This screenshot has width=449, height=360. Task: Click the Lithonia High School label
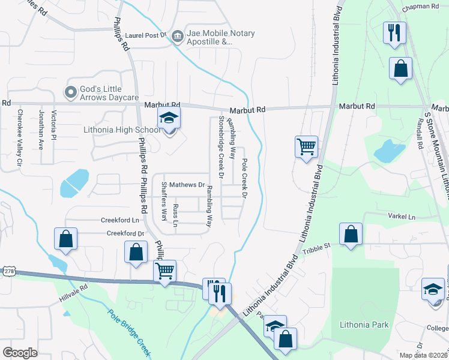pyautogui.click(x=122, y=130)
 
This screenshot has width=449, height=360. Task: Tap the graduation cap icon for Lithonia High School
pyautogui.click(x=169, y=119)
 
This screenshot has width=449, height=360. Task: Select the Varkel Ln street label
pyautogui.click(x=402, y=215)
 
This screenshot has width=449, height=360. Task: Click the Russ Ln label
pyautogui.click(x=175, y=215)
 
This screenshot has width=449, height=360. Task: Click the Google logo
pyautogui.click(x=20, y=353)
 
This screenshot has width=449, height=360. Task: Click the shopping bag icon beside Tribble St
pyautogui.click(x=351, y=235)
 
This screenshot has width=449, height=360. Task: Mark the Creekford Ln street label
pyautogui.click(x=115, y=220)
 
